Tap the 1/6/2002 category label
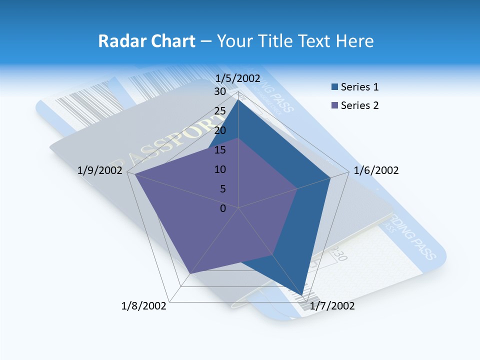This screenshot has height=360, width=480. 376,170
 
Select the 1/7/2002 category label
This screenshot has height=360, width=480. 332,306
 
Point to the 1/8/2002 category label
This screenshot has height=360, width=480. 144,306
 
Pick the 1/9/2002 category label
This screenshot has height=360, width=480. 100,170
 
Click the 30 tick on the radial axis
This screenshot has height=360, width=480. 220,91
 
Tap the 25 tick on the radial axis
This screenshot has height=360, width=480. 220,111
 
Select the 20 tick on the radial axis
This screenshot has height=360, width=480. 220,130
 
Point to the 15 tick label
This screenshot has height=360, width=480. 220,150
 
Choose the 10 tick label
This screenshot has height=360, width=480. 220,169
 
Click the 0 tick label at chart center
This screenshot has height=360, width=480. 223,208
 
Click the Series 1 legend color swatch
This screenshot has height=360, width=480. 334,87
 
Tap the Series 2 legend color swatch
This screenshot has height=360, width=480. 334,105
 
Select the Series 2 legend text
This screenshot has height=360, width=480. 359,105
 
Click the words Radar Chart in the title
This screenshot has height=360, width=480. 146,41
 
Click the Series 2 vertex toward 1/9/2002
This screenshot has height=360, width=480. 135,174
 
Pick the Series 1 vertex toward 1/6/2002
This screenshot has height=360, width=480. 330,177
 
